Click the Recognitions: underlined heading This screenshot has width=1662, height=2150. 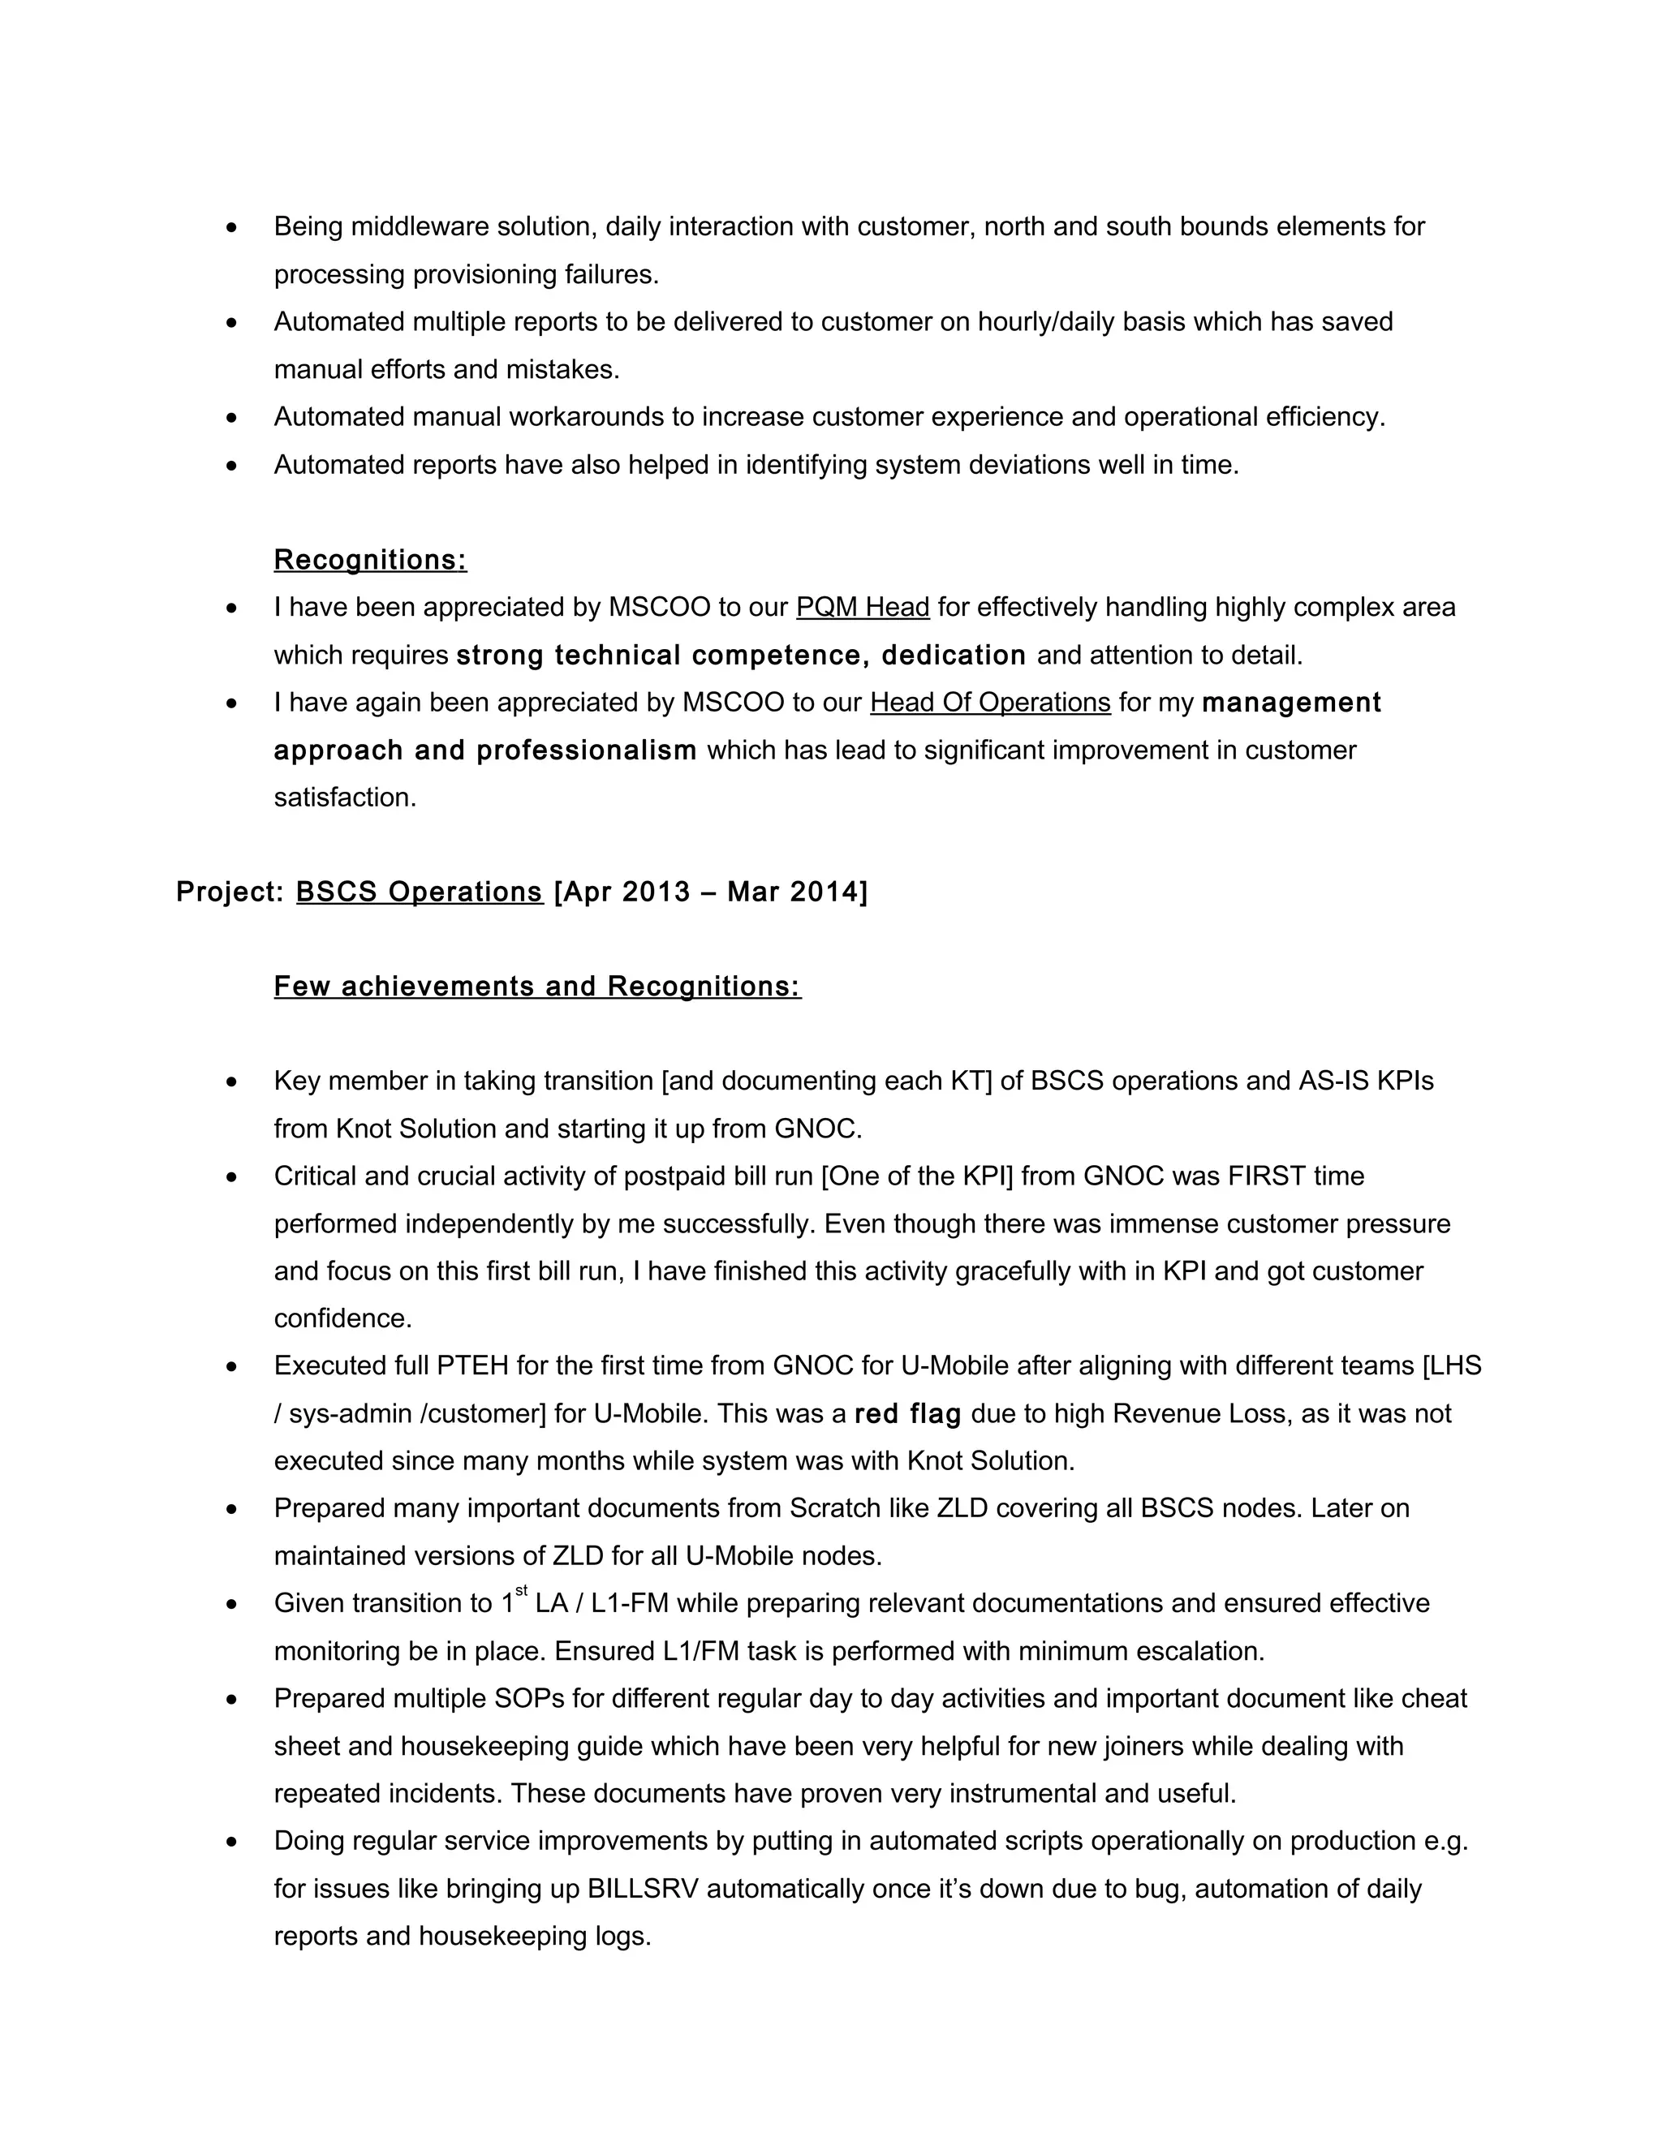370,559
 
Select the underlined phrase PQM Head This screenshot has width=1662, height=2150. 863,608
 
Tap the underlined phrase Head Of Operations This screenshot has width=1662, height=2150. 989,703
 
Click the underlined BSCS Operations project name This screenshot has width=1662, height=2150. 420,892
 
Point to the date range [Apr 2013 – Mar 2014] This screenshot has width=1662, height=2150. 710,892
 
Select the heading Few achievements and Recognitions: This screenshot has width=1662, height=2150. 537,987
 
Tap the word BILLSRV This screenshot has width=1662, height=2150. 643,1889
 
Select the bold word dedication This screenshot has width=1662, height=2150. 953,656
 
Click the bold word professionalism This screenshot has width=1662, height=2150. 587,751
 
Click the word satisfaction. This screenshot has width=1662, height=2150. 345,798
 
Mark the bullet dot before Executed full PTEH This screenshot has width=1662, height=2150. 231,1367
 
